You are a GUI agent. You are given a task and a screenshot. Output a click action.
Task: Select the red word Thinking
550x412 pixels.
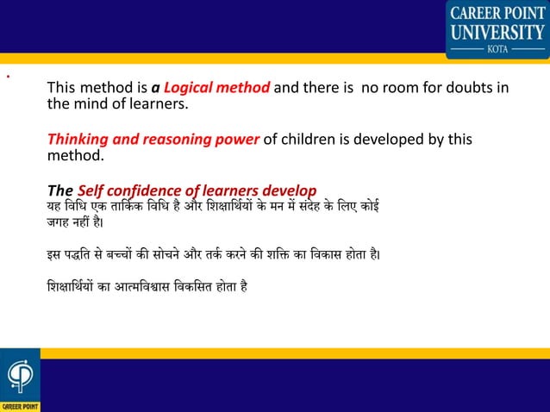[78, 140]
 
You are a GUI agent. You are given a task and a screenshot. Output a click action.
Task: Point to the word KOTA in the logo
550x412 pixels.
[497, 49]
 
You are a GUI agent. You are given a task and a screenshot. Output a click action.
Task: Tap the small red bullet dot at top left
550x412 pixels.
[7, 76]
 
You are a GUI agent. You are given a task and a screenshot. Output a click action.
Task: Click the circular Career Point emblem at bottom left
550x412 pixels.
[18, 376]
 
